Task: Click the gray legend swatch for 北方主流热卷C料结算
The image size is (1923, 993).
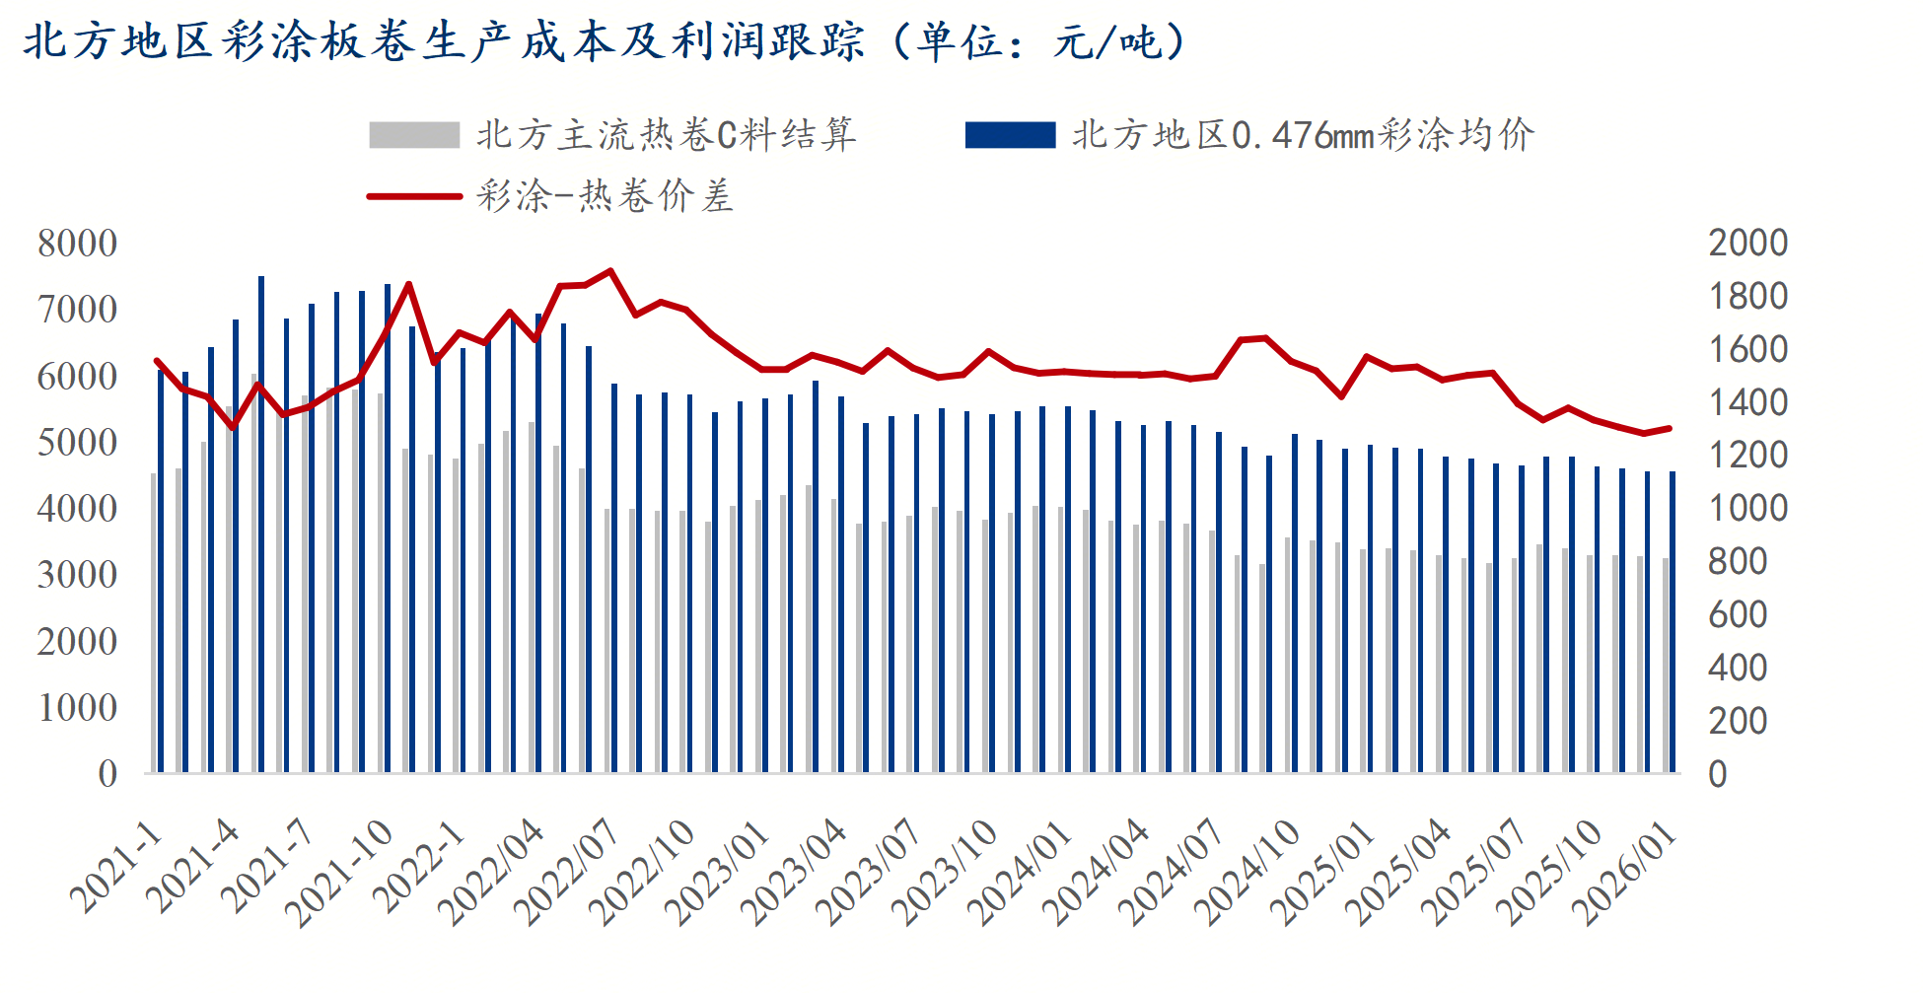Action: coord(414,135)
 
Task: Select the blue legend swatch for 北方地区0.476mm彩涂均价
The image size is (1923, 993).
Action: coord(1010,135)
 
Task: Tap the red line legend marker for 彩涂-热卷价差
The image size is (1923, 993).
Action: coord(414,196)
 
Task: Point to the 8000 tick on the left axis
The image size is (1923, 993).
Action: coord(77,244)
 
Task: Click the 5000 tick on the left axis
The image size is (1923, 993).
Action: coord(77,443)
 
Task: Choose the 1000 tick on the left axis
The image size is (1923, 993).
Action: coord(77,708)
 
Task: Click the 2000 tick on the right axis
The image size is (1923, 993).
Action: coord(1747,244)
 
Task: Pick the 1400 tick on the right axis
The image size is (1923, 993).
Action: coord(1747,402)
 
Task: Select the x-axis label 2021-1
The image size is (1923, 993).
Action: coord(116,867)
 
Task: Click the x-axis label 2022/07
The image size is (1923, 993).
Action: coord(567,873)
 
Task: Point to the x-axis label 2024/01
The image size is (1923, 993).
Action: coord(1021,873)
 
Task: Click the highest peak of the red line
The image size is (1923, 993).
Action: coord(610,270)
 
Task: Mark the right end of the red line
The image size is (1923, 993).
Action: coord(1669,428)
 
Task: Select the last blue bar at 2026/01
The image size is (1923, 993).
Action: coord(1673,621)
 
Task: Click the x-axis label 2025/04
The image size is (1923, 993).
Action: coord(1399,873)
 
